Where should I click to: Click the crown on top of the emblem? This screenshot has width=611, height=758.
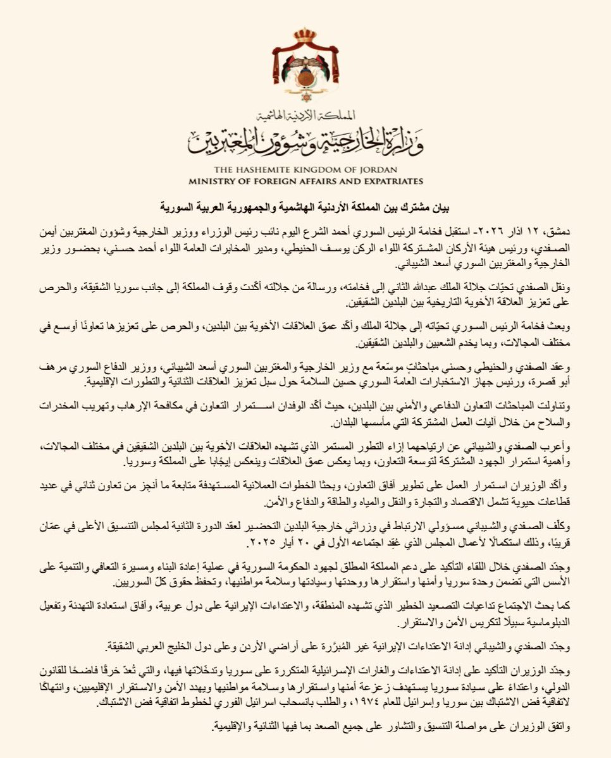tap(305, 35)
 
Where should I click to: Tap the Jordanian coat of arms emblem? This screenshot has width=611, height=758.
tap(305, 70)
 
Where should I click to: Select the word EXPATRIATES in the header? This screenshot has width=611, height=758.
tap(387, 181)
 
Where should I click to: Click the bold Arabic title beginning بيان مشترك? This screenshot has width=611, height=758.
tap(305, 207)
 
